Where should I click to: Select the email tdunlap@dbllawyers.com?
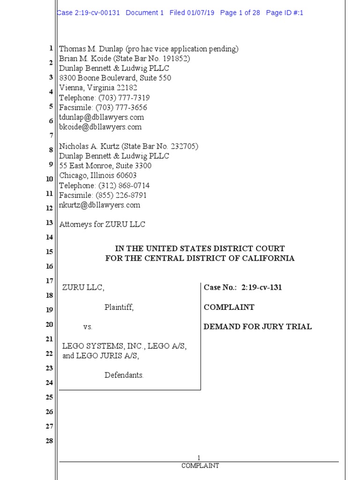(101, 117)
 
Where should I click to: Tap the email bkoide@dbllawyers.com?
(100, 127)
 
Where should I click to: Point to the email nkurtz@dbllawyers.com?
(100, 205)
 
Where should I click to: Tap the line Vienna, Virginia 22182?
(98, 88)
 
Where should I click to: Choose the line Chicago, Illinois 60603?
(98, 176)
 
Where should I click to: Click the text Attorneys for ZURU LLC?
(102, 225)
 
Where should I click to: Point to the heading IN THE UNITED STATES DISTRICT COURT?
(200, 248)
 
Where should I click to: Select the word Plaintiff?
(119, 307)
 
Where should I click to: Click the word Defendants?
(124, 375)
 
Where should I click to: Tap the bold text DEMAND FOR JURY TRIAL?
(257, 327)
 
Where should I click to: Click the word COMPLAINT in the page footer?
(200, 466)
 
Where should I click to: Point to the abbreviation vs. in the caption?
(88, 327)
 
